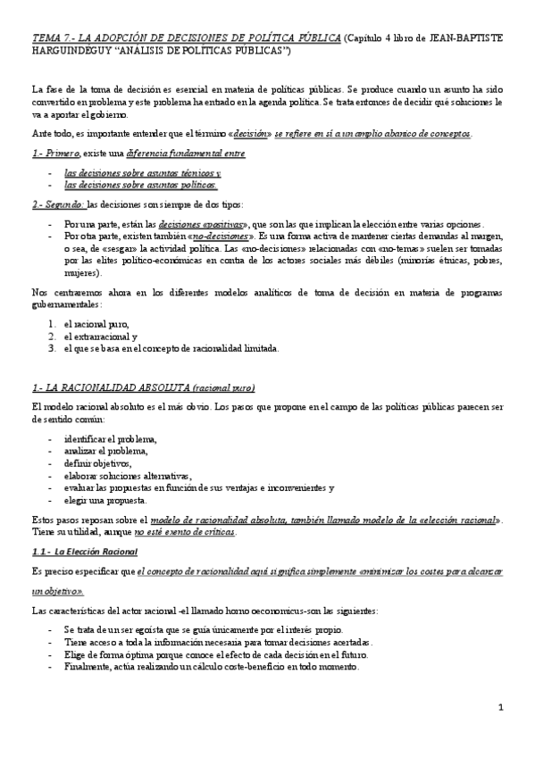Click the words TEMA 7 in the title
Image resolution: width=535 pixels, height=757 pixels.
click(x=49, y=37)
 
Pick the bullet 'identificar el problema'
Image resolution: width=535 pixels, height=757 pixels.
click(x=111, y=439)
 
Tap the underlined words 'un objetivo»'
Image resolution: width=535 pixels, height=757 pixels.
click(x=58, y=591)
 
